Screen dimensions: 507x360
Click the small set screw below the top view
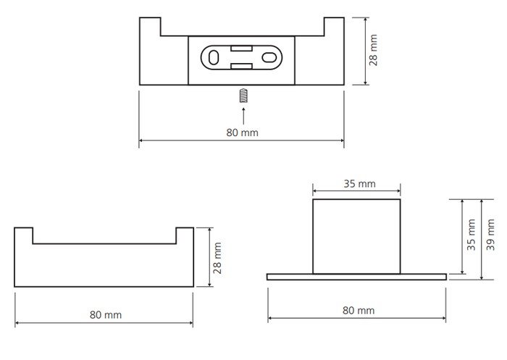tap(243, 96)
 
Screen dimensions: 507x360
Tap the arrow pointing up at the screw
tap(243, 116)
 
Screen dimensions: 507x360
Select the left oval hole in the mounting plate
tap(214, 57)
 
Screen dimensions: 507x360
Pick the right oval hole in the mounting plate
tap(269, 57)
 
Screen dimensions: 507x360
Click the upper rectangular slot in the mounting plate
tap(241, 49)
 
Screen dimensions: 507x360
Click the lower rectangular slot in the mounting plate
tap(241, 67)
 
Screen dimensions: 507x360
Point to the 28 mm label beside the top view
tap(373, 50)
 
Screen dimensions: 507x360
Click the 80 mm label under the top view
tap(242, 133)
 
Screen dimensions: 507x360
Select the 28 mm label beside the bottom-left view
tap(217, 258)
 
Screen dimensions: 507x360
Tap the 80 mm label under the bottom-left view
tap(106, 314)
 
